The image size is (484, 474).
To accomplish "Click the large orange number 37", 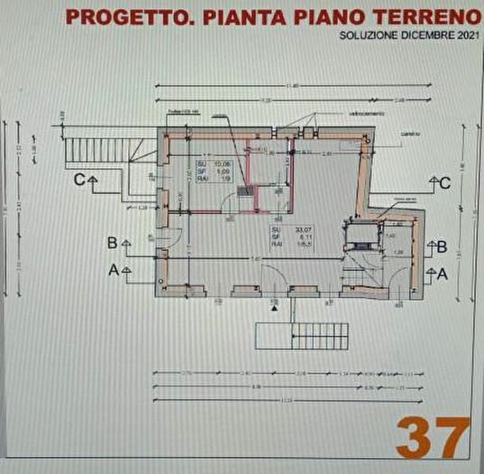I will click(x=433, y=438).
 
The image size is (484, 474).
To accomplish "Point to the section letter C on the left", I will click(x=80, y=180).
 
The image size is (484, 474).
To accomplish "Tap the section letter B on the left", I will click(x=112, y=243).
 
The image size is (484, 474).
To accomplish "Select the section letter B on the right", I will click(x=442, y=246).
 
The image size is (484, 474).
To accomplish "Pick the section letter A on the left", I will click(x=113, y=269).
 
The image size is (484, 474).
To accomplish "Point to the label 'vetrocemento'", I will click(x=367, y=114).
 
